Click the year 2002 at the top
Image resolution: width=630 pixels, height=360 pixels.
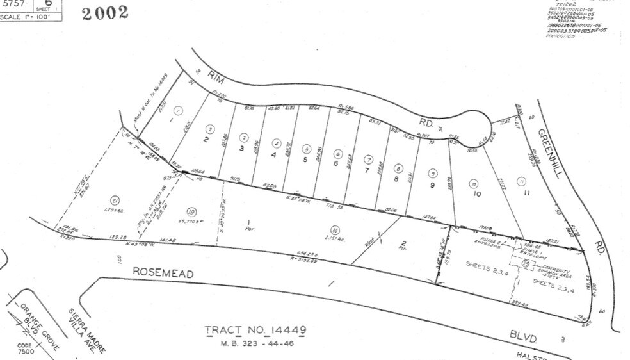click(105, 12)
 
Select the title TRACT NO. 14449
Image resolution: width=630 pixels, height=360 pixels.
click(255, 331)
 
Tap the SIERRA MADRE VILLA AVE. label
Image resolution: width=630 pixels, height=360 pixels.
click(86, 330)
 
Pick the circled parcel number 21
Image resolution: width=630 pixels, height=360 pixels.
click(115, 199)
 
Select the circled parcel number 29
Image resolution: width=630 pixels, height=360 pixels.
click(526, 263)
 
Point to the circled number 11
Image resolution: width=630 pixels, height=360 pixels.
click(522, 181)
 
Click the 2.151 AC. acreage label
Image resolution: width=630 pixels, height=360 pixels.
click(335, 237)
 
